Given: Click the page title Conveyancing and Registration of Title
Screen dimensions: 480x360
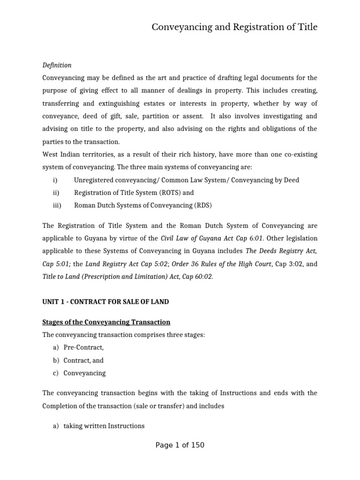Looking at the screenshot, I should [234, 27].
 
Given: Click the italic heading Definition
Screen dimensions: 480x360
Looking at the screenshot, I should [57, 65].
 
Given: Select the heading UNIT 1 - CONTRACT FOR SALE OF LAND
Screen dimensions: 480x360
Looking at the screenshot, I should [105, 302].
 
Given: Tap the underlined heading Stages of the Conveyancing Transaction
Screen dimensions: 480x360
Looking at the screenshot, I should [106, 322].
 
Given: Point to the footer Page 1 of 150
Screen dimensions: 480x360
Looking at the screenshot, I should [180, 445].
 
